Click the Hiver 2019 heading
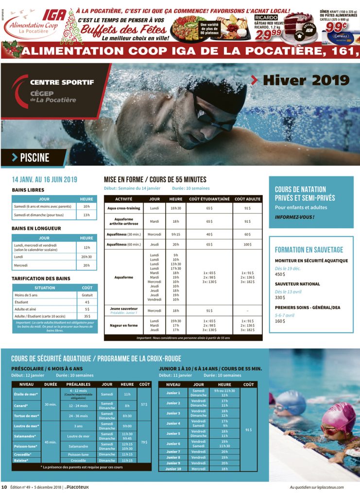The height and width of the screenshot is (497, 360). click(x=305, y=81)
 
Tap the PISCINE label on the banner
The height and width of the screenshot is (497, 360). click(x=34, y=157)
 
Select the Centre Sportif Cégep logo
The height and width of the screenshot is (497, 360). click(x=53, y=91)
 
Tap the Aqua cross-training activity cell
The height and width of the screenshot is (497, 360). click(x=123, y=208)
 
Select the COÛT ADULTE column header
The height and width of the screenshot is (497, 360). click(x=247, y=199)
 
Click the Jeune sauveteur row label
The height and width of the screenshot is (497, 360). click(x=123, y=309)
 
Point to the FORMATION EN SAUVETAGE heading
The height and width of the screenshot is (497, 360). click(x=309, y=250)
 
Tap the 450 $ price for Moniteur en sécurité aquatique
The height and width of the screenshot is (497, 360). click(x=280, y=274)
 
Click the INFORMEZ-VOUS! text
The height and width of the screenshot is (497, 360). click(x=294, y=217)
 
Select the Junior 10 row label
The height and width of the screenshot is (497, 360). click(x=173, y=469)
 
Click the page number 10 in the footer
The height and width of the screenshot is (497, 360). click(x=4, y=487)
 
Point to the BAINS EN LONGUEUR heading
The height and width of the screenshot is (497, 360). click(x=36, y=228)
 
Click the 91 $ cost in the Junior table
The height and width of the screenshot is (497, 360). click(x=248, y=430)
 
